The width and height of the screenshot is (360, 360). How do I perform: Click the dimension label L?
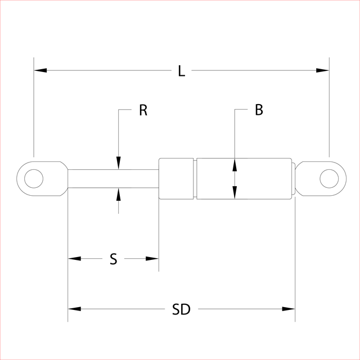click(181, 71)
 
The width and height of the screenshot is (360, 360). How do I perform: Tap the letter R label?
click(143, 110)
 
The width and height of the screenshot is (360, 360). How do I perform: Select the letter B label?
click(259, 110)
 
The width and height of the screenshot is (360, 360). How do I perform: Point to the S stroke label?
click(114, 259)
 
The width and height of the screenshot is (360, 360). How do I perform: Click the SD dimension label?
click(181, 309)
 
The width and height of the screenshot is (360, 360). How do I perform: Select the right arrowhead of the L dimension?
click(322, 71)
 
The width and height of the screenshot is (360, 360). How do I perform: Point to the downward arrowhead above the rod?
click(119, 163)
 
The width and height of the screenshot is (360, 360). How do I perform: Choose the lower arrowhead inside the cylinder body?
click(235, 192)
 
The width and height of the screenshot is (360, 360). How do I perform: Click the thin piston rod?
click(112, 179)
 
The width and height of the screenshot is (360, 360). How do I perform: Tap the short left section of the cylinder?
click(178, 179)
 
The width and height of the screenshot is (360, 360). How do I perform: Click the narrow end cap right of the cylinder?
click(294, 179)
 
